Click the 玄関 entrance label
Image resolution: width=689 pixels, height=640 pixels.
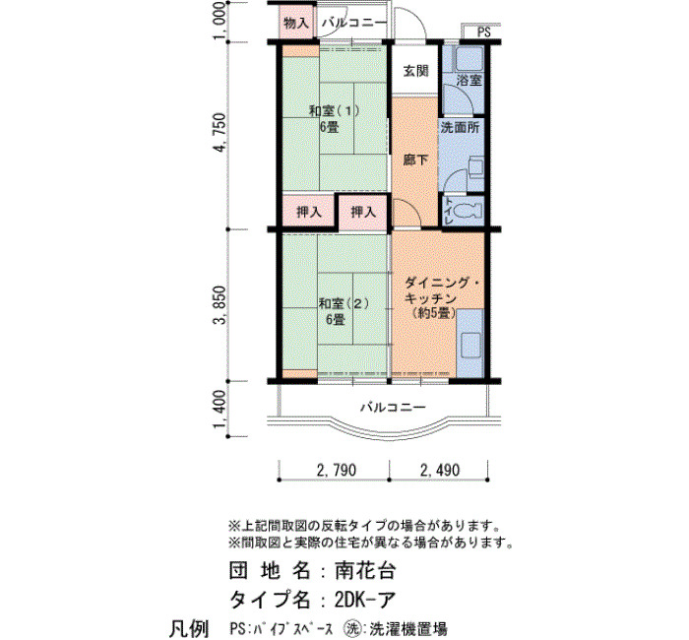click(x=415, y=70)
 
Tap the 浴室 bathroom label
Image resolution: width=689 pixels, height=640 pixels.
click(x=469, y=80)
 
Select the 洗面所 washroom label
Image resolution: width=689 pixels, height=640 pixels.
click(x=460, y=127)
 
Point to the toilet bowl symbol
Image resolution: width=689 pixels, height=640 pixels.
click(x=467, y=211)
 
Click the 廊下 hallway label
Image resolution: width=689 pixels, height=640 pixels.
click(x=415, y=160)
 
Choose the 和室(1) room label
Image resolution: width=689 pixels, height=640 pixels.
click(x=335, y=110)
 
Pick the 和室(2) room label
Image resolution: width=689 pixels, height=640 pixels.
click(x=344, y=303)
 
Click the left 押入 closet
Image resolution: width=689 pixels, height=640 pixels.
click(x=308, y=213)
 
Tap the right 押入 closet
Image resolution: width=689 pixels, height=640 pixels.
click(x=363, y=213)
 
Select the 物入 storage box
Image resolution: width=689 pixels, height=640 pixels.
click(x=296, y=23)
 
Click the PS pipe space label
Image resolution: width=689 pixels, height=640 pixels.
click(x=483, y=32)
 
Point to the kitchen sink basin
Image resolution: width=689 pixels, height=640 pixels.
click(x=470, y=345)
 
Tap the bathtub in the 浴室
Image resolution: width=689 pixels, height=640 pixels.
click(x=469, y=60)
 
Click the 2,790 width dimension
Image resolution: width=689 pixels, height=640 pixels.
click(x=337, y=470)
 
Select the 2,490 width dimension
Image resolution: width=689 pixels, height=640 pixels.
click(x=440, y=470)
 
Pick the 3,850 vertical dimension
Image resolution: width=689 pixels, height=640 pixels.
click(x=219, y=304)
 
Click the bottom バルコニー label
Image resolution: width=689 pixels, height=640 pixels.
click(x=394, y=407)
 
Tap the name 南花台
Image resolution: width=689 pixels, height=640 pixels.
click(x=365, y=570)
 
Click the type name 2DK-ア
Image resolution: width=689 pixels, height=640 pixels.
click(x=365, y=599)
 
